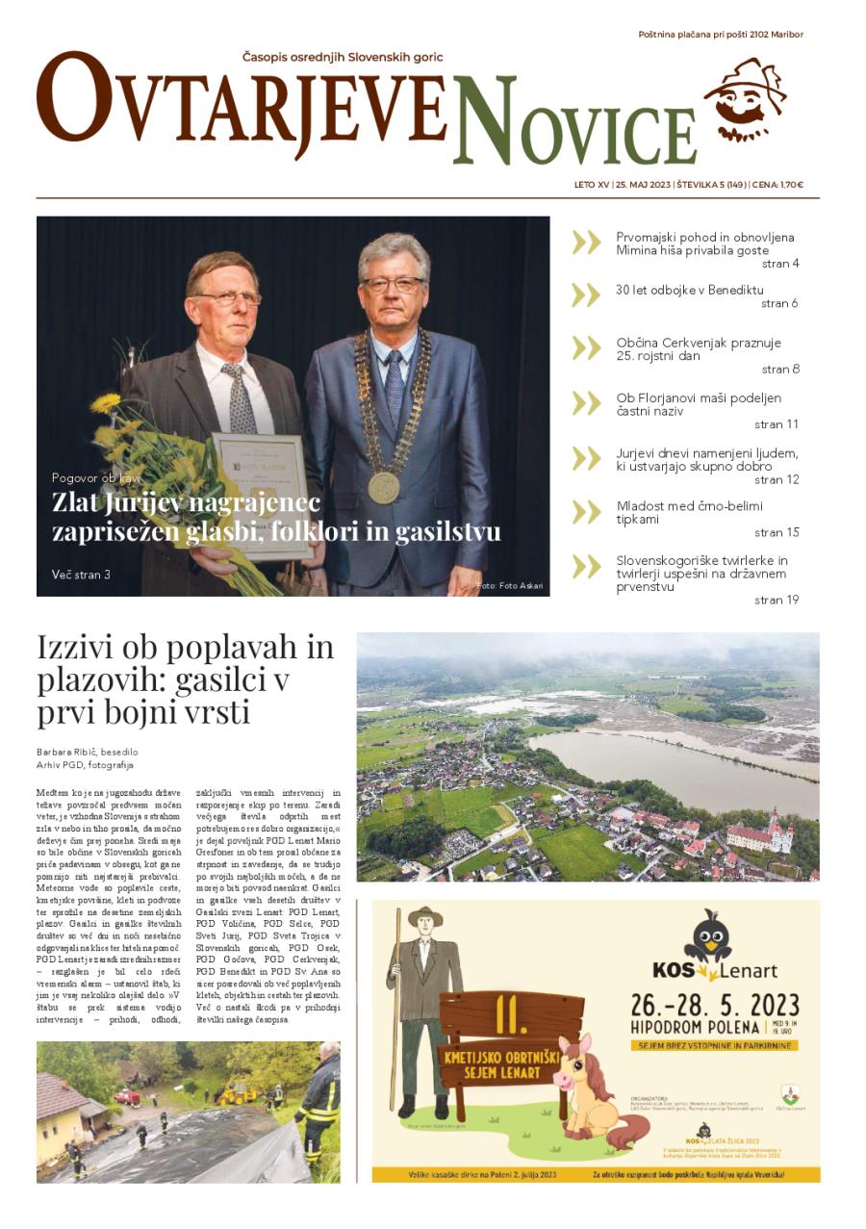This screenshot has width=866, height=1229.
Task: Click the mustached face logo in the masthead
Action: [x=744, y=101]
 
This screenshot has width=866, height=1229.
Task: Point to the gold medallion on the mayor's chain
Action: [x=383, y=486]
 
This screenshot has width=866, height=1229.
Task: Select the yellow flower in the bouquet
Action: [x=105, y=402]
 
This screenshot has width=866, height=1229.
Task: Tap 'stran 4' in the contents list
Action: [x=779, y=264]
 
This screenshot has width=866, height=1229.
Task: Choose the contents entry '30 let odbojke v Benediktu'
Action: [x=689, y=290]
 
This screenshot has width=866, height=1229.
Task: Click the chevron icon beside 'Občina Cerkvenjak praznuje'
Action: [x=586, y=348]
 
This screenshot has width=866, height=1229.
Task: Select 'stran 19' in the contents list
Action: [x=777, y=600]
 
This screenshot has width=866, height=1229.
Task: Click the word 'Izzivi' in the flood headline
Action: [x=76, y=648]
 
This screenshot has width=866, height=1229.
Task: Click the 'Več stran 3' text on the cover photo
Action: [x=81, y=575]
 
